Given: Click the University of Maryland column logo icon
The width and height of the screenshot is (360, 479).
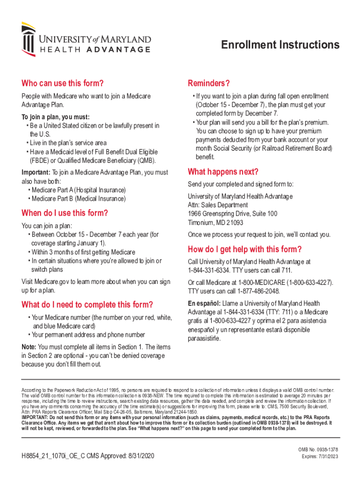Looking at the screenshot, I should (x=28, y=39).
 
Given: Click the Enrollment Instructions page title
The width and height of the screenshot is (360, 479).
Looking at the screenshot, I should (x=280, y=45).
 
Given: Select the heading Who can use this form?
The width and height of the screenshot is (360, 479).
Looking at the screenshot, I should (x=62, y=84).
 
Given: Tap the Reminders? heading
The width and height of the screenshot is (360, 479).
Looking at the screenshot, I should (x=209, y=84).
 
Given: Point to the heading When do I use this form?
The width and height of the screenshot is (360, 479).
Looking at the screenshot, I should (x=65, y=213).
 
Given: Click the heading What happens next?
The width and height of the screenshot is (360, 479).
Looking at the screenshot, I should (x=223, y=171).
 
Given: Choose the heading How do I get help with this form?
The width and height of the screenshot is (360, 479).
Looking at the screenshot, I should (x=245, y=249).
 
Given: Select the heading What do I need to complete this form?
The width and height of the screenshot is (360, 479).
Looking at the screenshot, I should (x=87, y=305).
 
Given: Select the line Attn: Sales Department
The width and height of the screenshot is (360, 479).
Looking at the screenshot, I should (x=218, y=205).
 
